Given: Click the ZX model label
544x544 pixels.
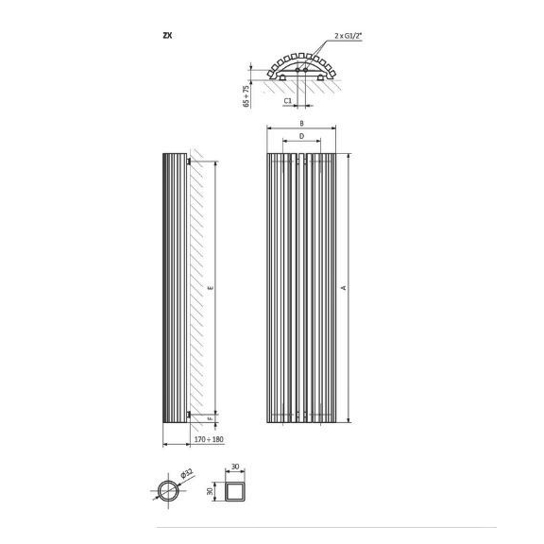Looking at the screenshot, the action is pyautogui.click(x=167, y=35).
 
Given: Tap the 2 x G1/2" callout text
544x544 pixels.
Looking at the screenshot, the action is pyautogui.click(x=348, y=36).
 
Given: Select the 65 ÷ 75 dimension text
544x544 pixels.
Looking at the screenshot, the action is pyautogui.click(x=246, y=95).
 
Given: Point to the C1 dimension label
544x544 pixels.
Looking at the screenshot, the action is pyautogui.click(x=288, y=101).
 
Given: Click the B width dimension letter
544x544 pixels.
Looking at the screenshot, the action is pyautogui.click(x=302, y=123).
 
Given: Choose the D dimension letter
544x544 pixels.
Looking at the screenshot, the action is pyautogui.click(x=301, y=136).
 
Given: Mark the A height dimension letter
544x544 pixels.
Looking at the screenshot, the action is pyautogui.click(x=344, y=288).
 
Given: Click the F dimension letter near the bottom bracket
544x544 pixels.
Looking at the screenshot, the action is pyautogui.click(x=211, y=419).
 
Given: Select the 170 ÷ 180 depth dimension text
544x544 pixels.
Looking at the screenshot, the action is pyautogui.click(x=209, y=439).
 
